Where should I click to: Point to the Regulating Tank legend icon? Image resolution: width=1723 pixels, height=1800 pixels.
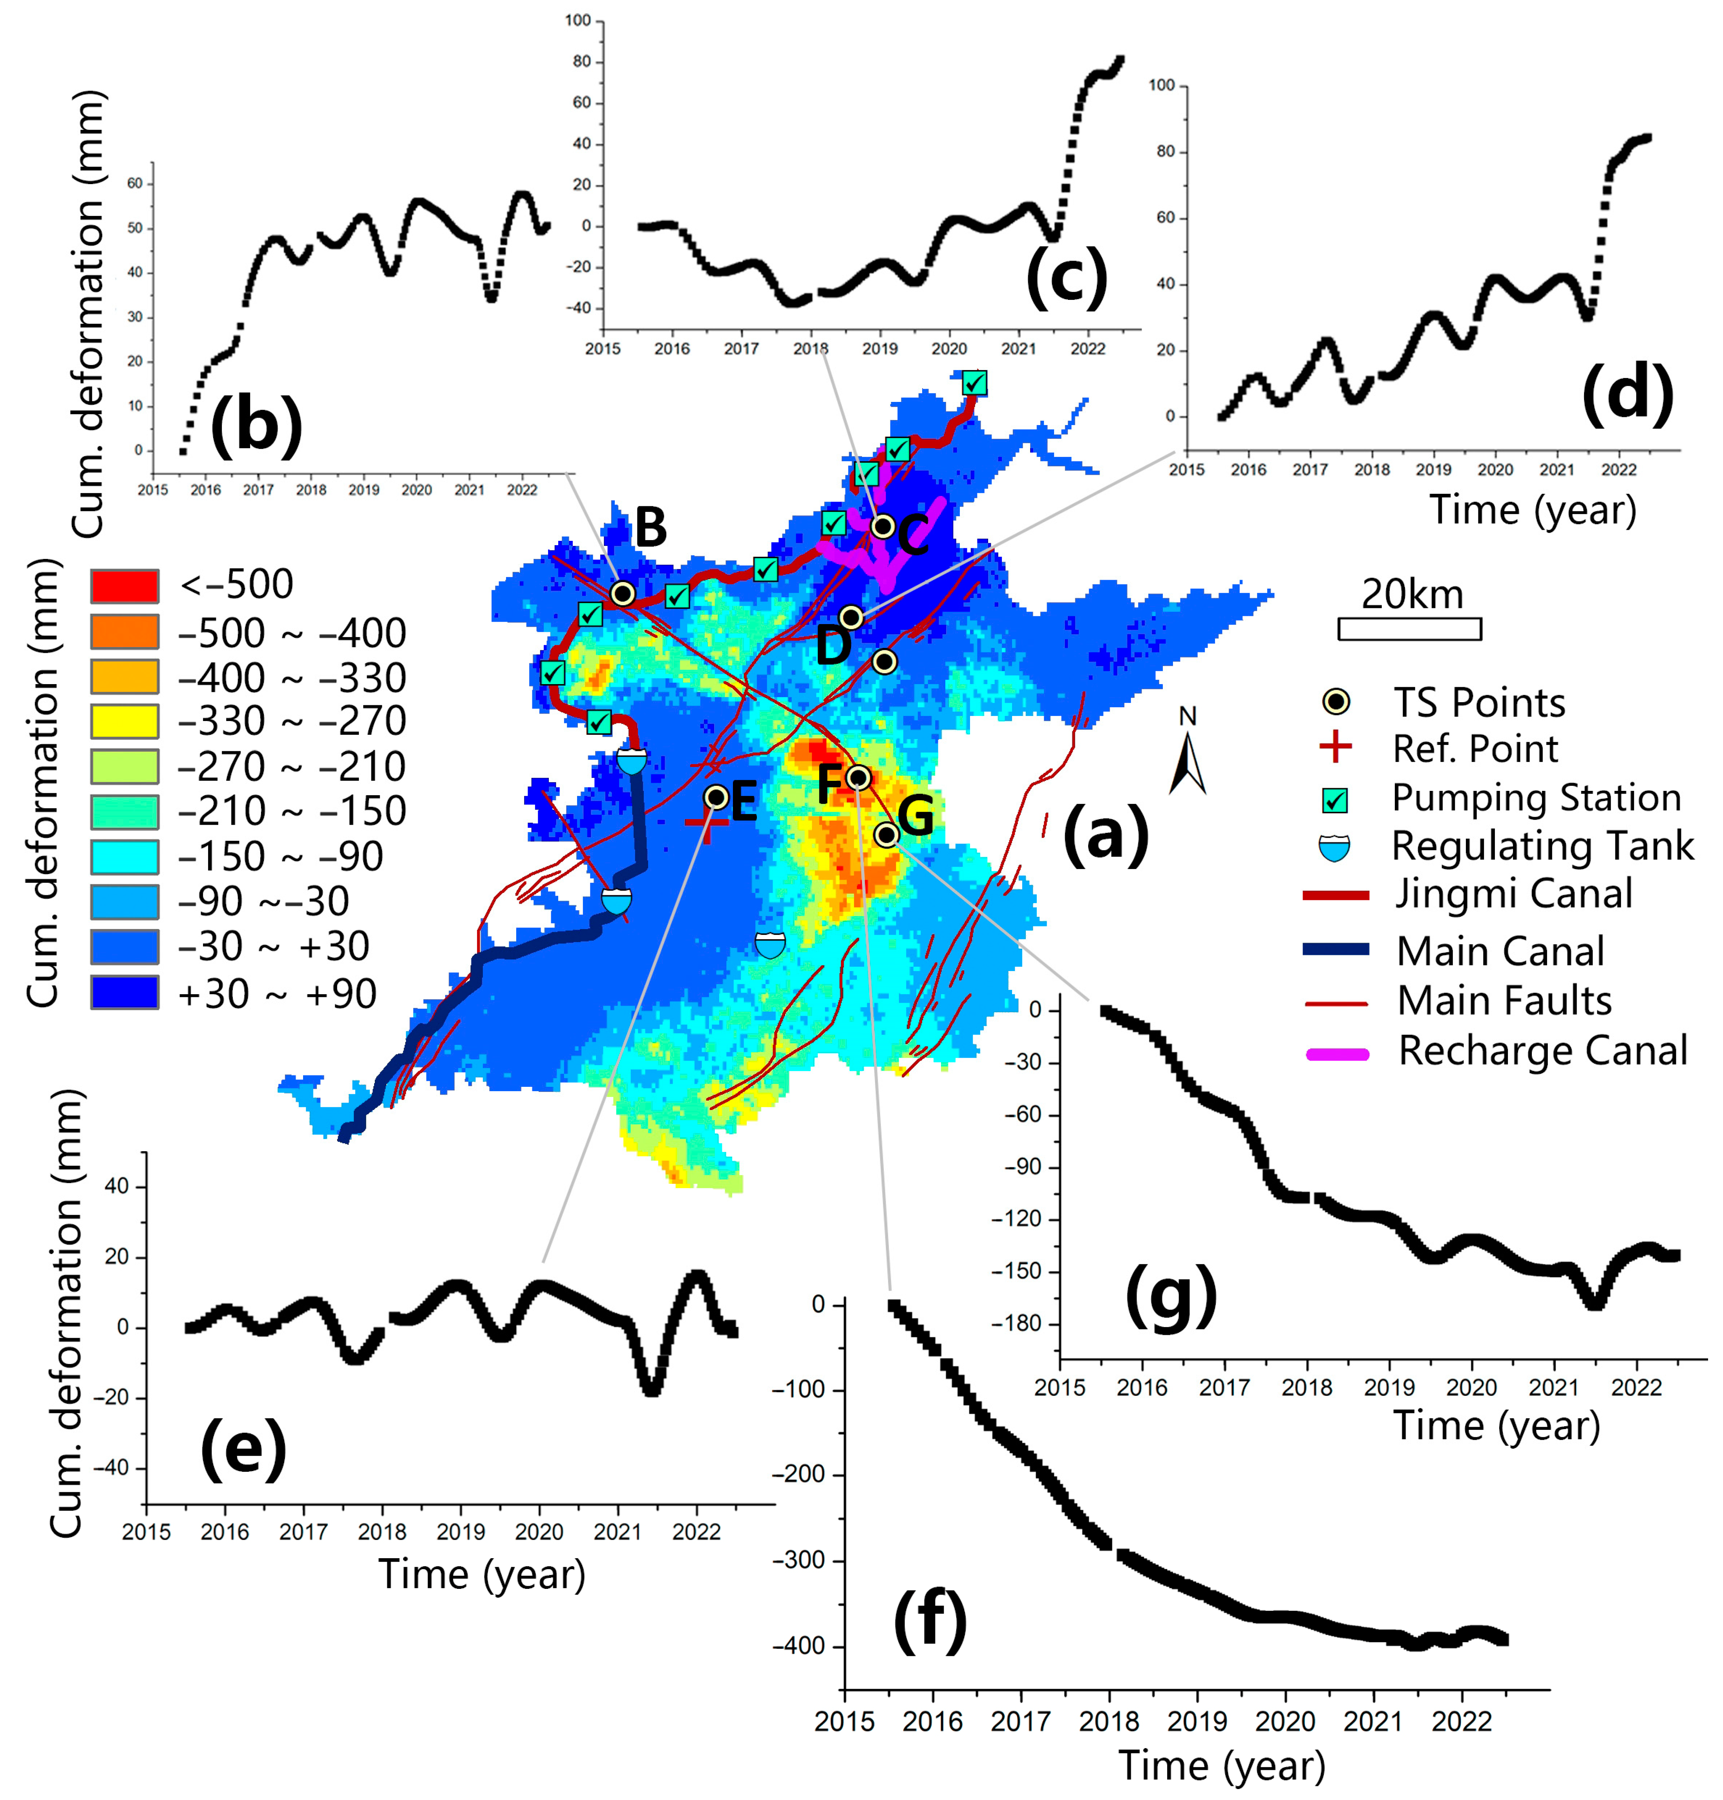point(1334,847)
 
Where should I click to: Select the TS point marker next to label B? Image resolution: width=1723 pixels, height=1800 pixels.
point(623,593)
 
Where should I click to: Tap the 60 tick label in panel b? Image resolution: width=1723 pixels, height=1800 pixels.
point(135,184)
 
